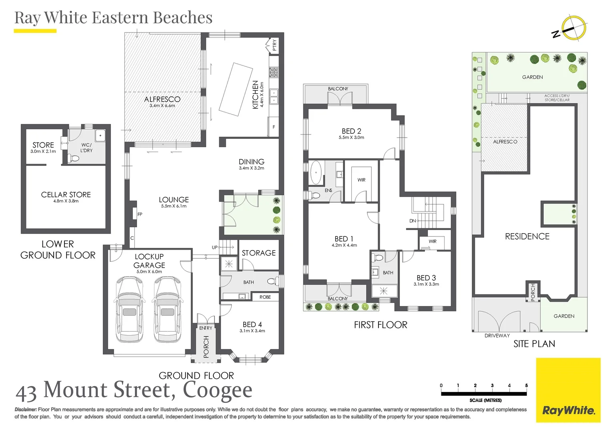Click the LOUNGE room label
(174, 200)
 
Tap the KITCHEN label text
(255, 95)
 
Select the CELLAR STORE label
(66, 194)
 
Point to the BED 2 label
(351, 131)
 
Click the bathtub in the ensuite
(316, 173)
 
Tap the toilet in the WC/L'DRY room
(73, 158)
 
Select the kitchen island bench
(236, 90)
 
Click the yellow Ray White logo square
(568, 390)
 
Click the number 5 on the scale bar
(527, 385)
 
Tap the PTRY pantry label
(274, 45)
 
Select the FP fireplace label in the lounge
(140, 214)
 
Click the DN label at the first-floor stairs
(413, 221)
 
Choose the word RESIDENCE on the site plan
(527, 236)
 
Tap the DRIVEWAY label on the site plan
(497, 336)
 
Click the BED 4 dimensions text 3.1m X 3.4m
(252, 331)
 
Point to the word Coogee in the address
(217, 390)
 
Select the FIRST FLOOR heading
(381, 325)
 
